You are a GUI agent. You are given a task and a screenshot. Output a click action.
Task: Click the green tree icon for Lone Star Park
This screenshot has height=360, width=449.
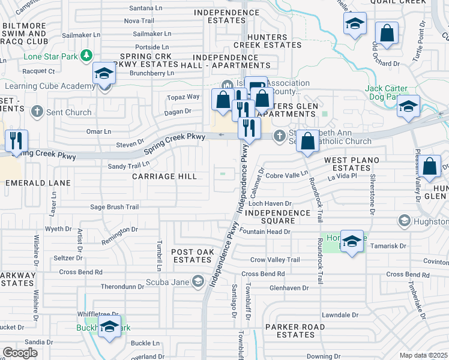[87, 56]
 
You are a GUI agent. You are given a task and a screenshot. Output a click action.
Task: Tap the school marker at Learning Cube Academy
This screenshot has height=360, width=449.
[104, 75]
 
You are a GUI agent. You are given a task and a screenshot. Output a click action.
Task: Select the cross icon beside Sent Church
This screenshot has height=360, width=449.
[37, 112]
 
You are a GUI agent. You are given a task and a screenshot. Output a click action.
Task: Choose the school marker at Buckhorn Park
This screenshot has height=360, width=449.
[109, 327]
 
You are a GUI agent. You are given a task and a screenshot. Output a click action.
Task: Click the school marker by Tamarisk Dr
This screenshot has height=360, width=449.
[352, 241]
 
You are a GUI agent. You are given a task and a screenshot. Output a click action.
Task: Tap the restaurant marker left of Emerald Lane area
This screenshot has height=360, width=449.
[15, 141]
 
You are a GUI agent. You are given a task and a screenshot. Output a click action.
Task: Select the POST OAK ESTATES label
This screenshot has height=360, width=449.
[192, 256]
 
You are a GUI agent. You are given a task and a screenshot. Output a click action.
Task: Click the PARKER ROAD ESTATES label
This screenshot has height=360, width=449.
[295, 331]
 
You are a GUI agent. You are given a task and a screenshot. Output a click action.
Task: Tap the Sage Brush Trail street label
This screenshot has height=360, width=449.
[114, 207]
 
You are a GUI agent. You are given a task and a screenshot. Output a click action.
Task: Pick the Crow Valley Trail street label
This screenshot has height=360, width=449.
[274, 260]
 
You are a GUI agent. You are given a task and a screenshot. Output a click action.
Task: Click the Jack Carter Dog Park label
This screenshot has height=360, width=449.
[390, 92]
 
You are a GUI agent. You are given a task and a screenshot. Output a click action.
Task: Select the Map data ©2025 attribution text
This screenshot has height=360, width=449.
[424, 355]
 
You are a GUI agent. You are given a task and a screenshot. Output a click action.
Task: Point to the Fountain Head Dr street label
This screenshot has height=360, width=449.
[265, 231]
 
